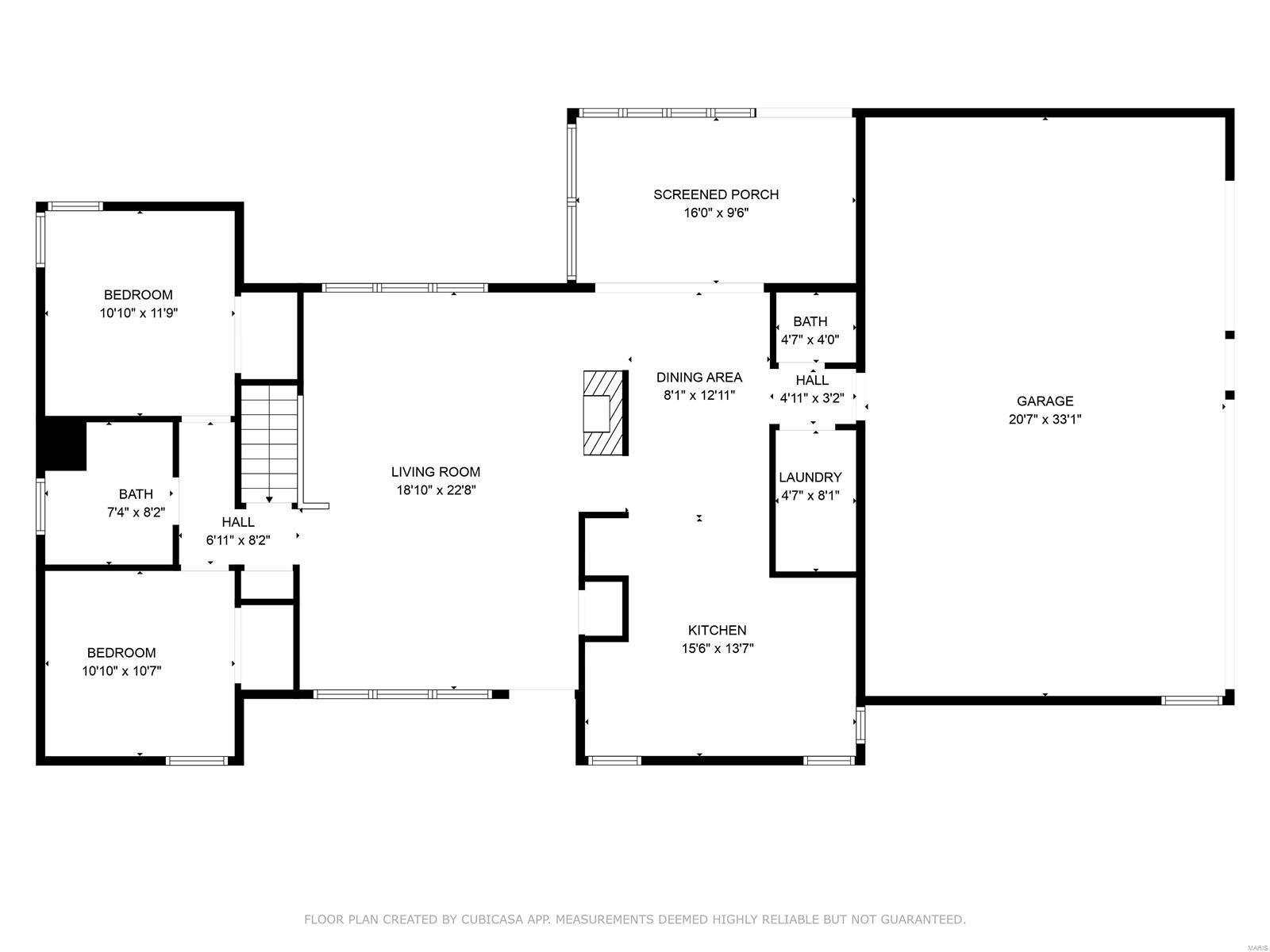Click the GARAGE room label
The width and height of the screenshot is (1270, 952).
pyautogui.click(x=1045, y=401)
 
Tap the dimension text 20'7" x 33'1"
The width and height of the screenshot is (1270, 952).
pyautogui.click(x=1045, y=420)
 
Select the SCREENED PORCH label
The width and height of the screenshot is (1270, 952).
pyautogui.click(x=716, y=194)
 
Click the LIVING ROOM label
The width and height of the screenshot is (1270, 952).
pyautogui.click(x=436, y=472)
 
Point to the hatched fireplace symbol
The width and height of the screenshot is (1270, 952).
pyautogui.click(x=606, y=413)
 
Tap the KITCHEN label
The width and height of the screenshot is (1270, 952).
pyautogui.click(x=717, y=630)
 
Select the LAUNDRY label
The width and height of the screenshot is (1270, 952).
pyautogui.click(x=810, y=478)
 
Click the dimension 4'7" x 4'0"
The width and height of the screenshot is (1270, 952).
pyautogui.click(x=810, y=340)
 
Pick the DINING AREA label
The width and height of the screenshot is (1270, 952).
pyautogui.click(x=699, y=378)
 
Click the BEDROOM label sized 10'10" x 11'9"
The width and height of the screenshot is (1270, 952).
pyautogui.click(x=139, y=295)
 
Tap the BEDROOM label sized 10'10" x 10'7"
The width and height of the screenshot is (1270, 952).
pyautogui.click(x=121, y=653)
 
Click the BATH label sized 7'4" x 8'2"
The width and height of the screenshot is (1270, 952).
pyautogui.click(x=136, y=494)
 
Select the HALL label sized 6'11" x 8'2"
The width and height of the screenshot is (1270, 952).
pyautogui.click(x=238, y=522)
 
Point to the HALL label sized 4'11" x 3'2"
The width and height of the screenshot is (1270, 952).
pyautogui.click(x=812, y=381)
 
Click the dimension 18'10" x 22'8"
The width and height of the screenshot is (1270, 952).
pyautogui.click(x=436, y=490)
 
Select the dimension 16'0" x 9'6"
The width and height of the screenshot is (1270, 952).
pyautogui.click(x=716, y=213)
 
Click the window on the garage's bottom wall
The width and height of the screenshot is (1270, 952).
pyautogui.click(x=1191, y=701)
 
